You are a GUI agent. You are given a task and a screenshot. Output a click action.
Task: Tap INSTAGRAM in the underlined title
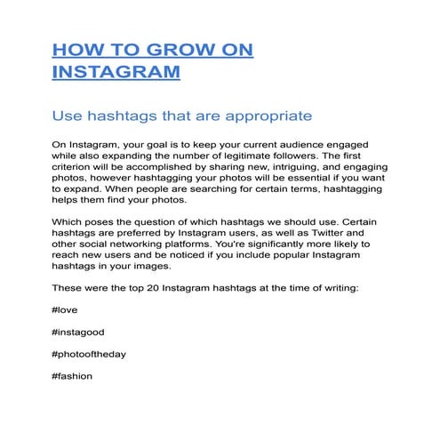[x=116, y=72]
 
